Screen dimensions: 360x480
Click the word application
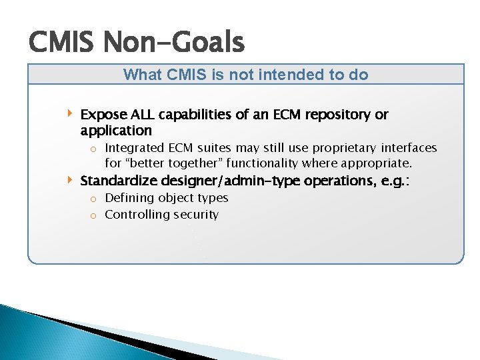(116, 131)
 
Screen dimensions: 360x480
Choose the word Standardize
(118, 181)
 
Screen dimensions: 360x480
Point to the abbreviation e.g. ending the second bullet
(394, 181)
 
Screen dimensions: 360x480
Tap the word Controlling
(138, 215)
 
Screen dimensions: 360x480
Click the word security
(196, 215)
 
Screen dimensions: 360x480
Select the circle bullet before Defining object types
(94, 199)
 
